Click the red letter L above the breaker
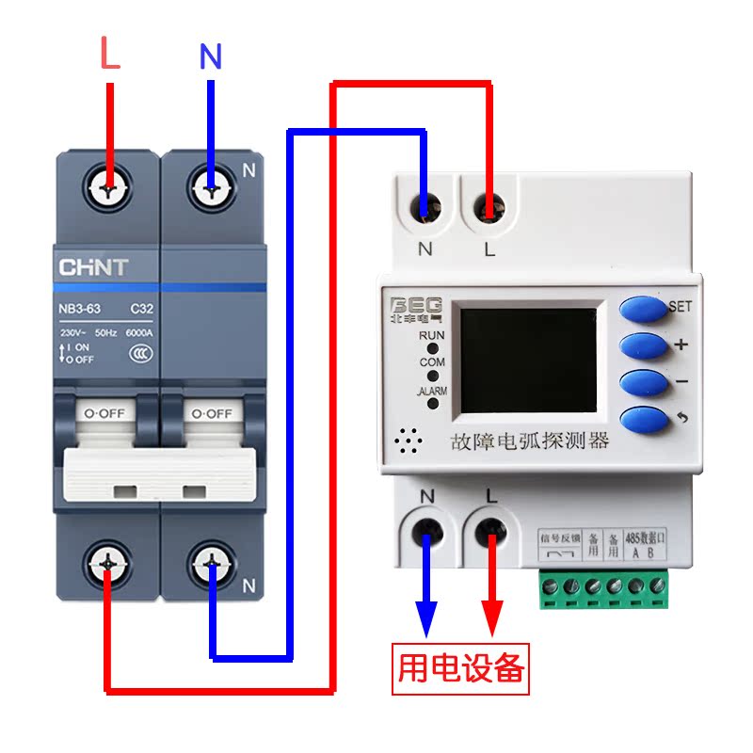[x=110, y=54]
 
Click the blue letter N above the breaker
[x=211, y=57]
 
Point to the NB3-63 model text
[x=80, y=309]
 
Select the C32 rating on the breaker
[x=141, y=309]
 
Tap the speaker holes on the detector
[x=408, y=440]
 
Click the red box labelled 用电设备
[x=460, y=667]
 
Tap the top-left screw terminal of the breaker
[x=110, y=188]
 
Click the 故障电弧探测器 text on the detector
[x=531, y=441]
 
